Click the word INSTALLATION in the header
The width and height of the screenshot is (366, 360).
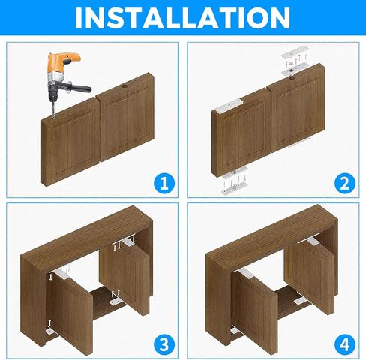point(183,17)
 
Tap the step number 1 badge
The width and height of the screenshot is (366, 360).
point(163,183)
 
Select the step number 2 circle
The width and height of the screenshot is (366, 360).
point(344,183)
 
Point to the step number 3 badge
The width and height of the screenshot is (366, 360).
point(163,344)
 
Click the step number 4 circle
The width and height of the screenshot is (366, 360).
point(344,344)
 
